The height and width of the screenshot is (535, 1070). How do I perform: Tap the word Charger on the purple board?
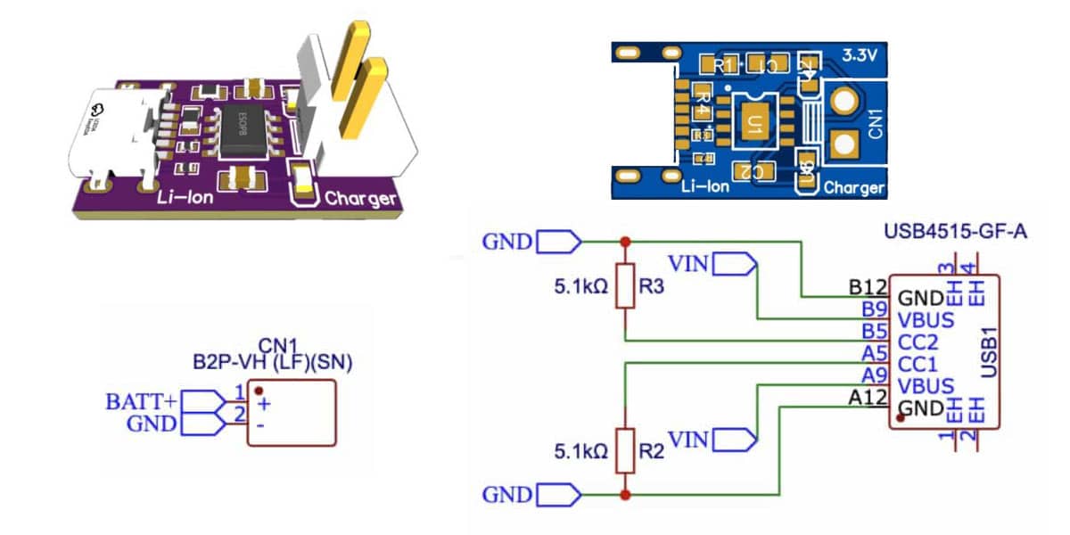coord(359,199)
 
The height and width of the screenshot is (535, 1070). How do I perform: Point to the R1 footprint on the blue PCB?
coord(723,65)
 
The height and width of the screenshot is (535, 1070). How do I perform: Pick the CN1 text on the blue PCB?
coord(875,124)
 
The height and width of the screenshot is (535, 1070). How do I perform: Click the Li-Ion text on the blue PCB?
coord(704,186)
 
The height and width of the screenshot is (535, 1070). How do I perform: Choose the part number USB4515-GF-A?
coord(956,234)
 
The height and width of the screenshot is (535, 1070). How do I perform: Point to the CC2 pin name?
coord(919,342)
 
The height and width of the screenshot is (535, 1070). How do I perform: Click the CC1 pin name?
coord(919,364)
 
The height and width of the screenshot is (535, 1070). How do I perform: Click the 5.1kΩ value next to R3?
coord(581,287)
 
